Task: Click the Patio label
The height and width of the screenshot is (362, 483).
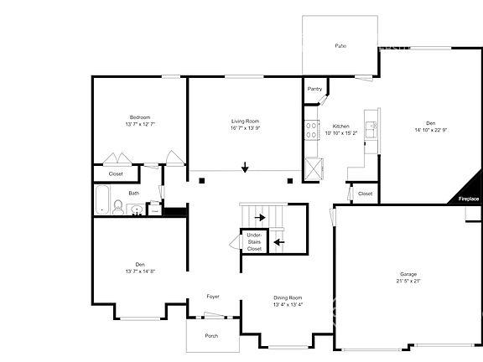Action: [340, 44]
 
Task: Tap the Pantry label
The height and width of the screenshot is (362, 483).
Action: [314, 88]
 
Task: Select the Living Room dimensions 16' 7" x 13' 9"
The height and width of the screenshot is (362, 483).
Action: [245, 128]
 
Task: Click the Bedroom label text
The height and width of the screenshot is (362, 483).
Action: [139, 116]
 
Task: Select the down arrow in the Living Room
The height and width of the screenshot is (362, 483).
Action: [245, 168]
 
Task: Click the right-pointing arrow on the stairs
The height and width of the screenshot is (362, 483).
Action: [261, 218]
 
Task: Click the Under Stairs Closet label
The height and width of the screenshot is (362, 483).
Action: [254, 242]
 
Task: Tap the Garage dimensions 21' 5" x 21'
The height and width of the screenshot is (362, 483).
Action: [408, 281]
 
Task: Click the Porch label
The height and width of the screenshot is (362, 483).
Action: [212, 335]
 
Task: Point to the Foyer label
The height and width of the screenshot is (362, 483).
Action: [214, 296]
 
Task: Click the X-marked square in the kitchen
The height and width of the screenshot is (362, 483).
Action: [314, 168]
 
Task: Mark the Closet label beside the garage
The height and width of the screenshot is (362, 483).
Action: [365, 194]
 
